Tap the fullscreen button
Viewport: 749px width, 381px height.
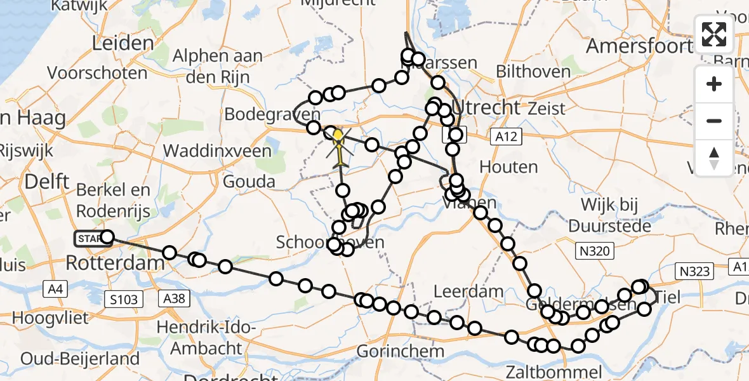(x=714, y=35)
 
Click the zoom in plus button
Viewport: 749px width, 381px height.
(x=714, y=84)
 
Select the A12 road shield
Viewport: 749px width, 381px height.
(x=507, y=136)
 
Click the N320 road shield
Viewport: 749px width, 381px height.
(x=595, y=251)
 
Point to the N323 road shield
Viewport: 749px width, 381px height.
(x=694, y=271)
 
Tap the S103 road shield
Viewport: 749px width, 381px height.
(x=123, y=298)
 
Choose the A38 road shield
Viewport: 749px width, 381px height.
(x=174, y=298)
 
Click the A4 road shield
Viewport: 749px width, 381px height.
(x=55, y=290)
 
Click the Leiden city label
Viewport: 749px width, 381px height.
(x=123, y=44)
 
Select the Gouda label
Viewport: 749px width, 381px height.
(x=249, y=182)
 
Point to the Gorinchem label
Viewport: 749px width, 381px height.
(x=400, y=351)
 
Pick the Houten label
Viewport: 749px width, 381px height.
(x=508, y=167)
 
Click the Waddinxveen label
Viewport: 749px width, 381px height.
(x=217, y=151)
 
